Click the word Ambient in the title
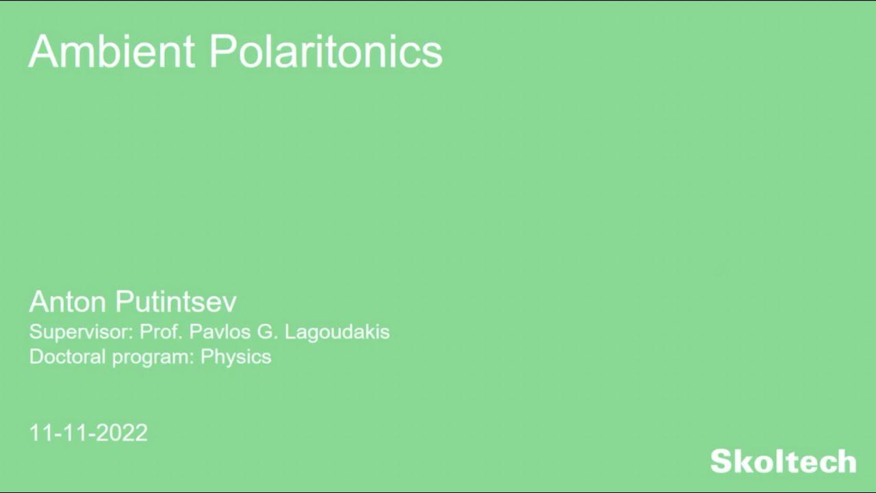click(x=112, y=51)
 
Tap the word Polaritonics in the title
click(x=326, y=51)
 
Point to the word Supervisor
click(x=81, y=332)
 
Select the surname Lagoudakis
click(x=337, y=332)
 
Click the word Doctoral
click(x=68, y=357)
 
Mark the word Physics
click(x=235, y=357)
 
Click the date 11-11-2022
click(x=88, y=433)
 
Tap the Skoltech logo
click(x=783, y=461)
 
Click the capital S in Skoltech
click(x=722, y=462)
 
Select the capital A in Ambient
click(x=43, y=51)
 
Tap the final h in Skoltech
click(x=846, y=461)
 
